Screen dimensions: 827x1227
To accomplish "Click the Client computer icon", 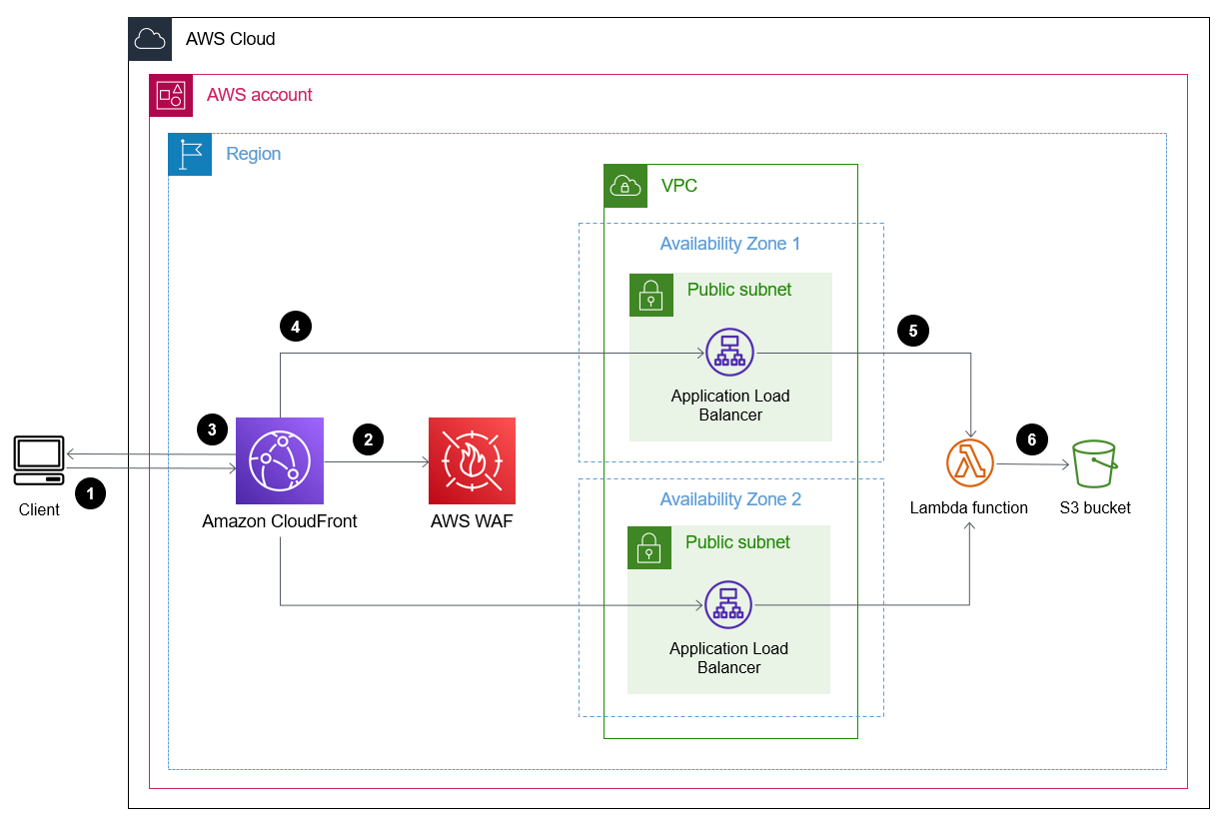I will coord(39,458).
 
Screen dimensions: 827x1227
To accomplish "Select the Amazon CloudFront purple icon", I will coord(280,460).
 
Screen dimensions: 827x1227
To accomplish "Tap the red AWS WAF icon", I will coord(472,460).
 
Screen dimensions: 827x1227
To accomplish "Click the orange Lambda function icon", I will coord(968,463).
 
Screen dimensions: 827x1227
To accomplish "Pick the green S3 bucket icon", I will coord(1095,463).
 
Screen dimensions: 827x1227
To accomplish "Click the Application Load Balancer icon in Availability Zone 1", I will coord(729,353).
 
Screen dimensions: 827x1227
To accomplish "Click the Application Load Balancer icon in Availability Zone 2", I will coord(728,605).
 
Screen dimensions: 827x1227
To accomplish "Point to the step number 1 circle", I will coord(90,491).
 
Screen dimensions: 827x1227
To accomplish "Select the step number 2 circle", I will coord(368,438).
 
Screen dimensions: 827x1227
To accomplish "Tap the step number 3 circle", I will coord(212,429).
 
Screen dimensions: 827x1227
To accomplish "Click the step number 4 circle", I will coord(295,326).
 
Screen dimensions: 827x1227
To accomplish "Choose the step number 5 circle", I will coord(913,331).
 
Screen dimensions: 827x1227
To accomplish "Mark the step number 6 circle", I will coord(1031,438).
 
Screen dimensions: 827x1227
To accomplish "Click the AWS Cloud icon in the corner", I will coord(150,39).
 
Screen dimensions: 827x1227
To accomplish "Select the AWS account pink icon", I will coord(171,96).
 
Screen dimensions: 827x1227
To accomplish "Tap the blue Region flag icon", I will coord(190,154).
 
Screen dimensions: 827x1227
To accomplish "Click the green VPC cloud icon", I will coord(625,186).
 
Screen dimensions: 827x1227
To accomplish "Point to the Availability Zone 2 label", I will coord(729,499).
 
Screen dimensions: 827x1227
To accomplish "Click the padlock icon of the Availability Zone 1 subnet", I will coord(651,295).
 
